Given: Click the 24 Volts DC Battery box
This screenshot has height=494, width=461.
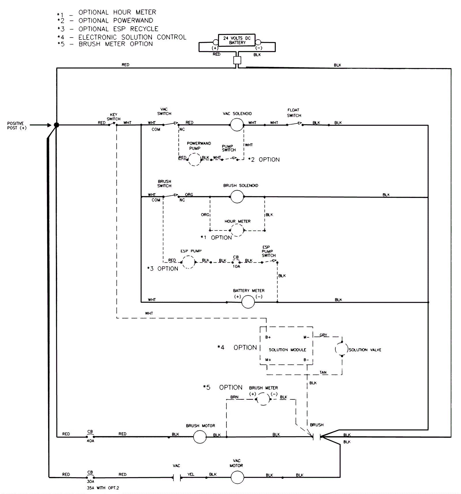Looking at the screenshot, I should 237,40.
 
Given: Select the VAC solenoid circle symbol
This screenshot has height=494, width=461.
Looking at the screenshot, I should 237,125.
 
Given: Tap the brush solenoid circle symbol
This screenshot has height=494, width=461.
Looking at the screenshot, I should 237,197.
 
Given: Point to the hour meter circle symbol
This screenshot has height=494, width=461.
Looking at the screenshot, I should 237,230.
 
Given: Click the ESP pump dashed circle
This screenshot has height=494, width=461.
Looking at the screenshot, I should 188,262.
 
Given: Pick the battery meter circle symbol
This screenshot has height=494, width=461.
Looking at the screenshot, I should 248,302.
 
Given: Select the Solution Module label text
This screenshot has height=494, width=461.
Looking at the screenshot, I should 287,350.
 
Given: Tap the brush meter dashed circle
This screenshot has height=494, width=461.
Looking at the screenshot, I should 263,399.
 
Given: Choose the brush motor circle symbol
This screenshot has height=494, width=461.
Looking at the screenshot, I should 200,437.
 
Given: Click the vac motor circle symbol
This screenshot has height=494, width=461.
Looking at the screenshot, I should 237,477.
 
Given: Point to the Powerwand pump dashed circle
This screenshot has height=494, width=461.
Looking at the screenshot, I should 194,159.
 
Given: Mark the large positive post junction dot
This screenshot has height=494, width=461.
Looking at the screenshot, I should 56,125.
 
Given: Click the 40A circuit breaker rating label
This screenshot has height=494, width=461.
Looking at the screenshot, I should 90,441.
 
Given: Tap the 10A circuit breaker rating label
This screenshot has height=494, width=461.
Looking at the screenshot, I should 236,266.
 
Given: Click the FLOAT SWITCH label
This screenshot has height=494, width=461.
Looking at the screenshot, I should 294,113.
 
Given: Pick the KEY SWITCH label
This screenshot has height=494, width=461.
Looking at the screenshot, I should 114,117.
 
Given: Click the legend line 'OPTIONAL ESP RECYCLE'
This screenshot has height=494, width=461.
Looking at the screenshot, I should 118,29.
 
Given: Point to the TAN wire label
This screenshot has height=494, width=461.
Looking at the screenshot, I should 323,372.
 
